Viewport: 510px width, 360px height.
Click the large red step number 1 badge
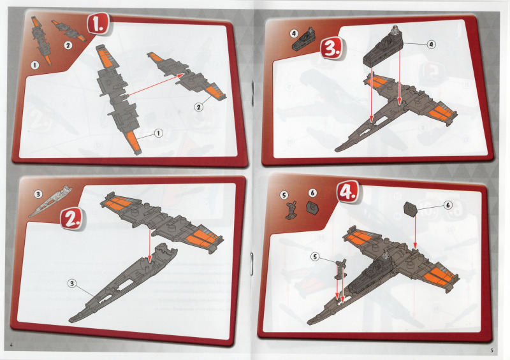(98, 24)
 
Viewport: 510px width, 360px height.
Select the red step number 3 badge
(331, 48)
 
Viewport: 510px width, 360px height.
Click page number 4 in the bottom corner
(11, 345)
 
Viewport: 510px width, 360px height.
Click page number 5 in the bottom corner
(492, 350)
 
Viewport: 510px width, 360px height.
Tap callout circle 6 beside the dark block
(448, 205)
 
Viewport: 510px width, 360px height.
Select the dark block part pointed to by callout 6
(411, 208)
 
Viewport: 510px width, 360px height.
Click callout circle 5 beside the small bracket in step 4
(315, 257)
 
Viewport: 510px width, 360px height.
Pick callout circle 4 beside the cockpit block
(432, 44)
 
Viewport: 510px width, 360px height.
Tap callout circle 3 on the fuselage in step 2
(72, 284)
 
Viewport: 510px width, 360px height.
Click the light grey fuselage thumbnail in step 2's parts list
(50, 201)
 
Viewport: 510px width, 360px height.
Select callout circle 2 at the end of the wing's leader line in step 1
(198, 107)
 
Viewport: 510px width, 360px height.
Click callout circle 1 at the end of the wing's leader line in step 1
(158, 133)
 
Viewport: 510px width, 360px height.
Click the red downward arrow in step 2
(150, 245)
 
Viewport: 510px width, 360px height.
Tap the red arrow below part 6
(415, 231)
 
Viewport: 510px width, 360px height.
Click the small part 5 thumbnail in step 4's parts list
(292, 210)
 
